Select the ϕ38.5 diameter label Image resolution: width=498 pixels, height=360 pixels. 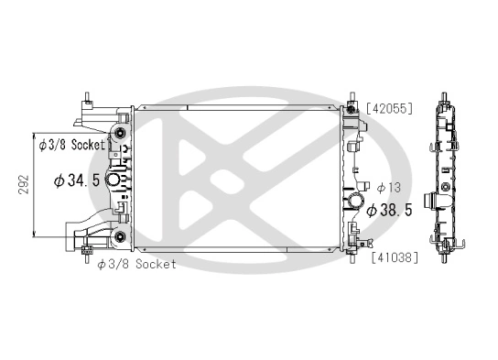[390, 210]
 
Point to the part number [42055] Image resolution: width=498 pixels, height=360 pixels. [390, 108]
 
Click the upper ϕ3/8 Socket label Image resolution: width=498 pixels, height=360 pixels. [72, 144]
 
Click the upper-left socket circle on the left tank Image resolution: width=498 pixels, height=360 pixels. [119, 137]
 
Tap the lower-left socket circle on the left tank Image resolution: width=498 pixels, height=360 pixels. [119, 240]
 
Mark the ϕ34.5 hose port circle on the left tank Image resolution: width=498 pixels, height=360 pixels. [117, 180]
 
